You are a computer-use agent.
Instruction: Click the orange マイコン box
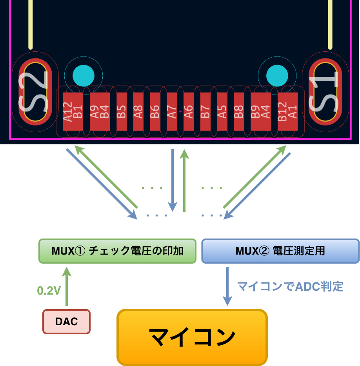tap(192, 337)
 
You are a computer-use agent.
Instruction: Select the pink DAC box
tap(66, 322)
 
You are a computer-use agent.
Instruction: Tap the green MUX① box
tap(117, 251)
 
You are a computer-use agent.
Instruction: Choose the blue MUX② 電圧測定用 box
tap(280, 251)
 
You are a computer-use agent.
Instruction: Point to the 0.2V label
tap(49, 291)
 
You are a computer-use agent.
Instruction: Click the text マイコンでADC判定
tap(290, 287)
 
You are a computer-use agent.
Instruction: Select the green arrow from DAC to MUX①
tap(67, 286)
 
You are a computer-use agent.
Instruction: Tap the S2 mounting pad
tap(35, 91)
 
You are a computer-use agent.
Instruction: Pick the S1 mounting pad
tap(324, 91)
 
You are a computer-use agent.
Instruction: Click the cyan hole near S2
tap(84, 75)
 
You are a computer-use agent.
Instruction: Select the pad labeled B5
tap(122, 111)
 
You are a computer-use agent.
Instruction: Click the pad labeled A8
tap(138, 111)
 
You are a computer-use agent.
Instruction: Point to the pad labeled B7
tap(205, 111)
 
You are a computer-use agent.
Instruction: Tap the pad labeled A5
tap(222, 111)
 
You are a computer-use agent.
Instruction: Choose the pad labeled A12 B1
tap(73, 111)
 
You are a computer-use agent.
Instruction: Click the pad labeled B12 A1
tap(287, 111)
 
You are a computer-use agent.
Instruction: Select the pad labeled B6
tap(155, 111)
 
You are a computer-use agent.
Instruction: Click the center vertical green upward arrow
tap(184, 180)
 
